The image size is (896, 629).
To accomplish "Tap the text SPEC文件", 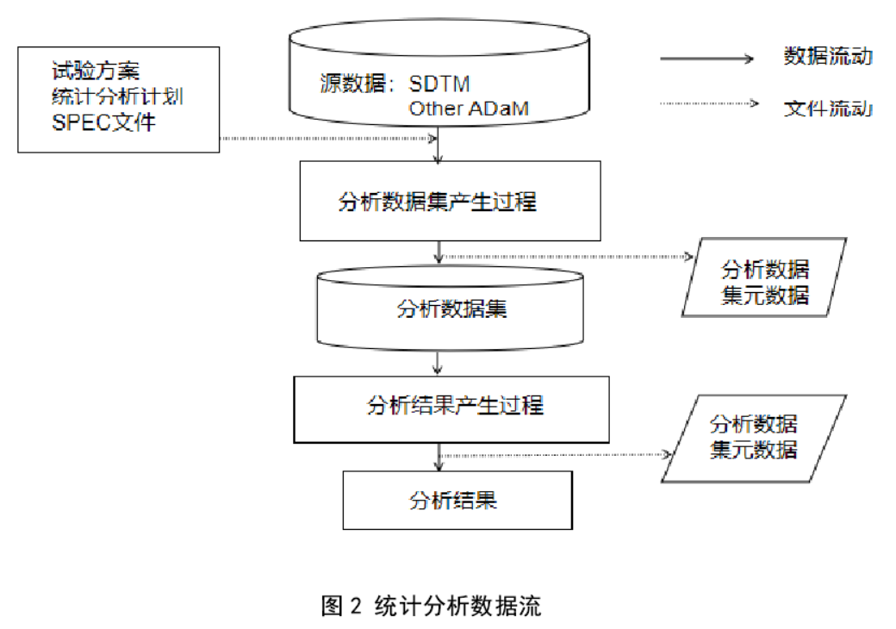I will pos(103,121).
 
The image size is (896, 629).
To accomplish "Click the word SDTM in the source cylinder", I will pos(439,84).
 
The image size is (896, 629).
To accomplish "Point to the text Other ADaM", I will pos(468,109).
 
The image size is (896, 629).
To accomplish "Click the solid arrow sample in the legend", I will pos(707,59).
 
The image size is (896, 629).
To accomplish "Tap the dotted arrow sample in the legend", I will pos(707,105).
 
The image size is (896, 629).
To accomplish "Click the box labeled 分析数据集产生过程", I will pos(450,202).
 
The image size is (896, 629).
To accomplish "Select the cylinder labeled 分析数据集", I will pos(451,308).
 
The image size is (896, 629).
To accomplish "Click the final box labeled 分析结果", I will pos(457,500).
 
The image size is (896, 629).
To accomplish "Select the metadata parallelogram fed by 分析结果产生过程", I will pos(753,437).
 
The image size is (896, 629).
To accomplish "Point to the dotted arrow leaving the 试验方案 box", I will pos(327,138).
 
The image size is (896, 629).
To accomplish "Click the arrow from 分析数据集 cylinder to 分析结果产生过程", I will pos(439,362).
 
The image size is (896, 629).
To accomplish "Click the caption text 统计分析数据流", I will pos(457,606).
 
